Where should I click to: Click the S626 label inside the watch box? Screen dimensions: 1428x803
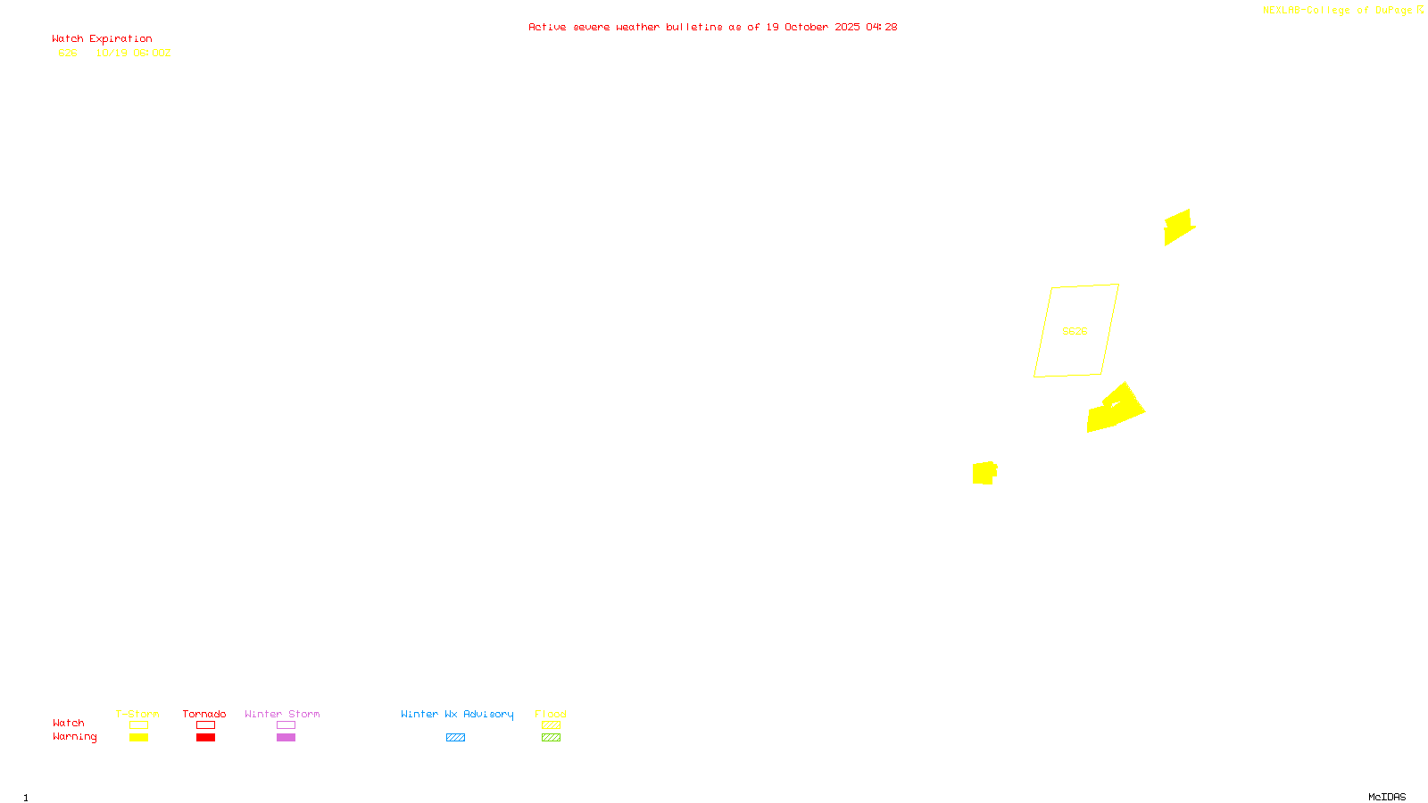point(1075,331)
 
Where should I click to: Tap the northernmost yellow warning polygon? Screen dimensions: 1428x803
point(1178,227)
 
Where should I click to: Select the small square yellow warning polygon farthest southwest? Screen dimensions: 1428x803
point(984,473)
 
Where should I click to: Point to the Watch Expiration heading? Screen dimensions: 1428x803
point(102,39)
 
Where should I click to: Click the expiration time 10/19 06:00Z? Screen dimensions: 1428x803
point(133,54)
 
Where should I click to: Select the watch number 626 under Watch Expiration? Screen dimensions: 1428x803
point(68,54)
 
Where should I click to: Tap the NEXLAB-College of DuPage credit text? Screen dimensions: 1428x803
point(1337,11)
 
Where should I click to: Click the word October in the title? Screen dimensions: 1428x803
point(806,28)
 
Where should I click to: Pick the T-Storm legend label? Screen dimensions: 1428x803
point(137,714)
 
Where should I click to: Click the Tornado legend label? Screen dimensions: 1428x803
point(204,714)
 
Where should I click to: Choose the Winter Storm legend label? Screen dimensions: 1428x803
point(282,714)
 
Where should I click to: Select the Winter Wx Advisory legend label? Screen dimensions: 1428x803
point(457,714)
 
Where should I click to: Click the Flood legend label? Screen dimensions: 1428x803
point(551,714)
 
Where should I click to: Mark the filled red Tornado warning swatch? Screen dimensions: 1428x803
point(205,738)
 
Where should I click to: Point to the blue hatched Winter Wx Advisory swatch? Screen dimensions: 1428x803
point(455,738)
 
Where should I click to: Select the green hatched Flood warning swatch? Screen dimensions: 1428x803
point(551,738)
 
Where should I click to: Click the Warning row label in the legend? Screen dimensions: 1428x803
point(74,737)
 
